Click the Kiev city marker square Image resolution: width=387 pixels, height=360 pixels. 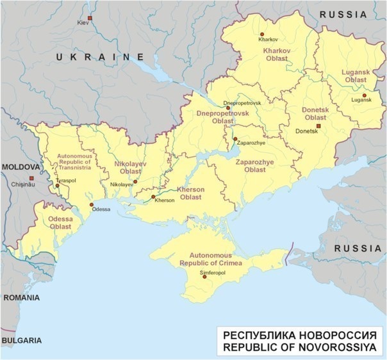(x=90, y=18)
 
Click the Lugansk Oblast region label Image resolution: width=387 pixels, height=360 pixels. (x=356, y=76)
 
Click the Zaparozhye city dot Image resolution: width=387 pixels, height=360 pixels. (x=235, y=138)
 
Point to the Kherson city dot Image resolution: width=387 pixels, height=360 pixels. (x=153, y=197)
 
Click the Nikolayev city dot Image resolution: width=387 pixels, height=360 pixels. (x=135, y=181)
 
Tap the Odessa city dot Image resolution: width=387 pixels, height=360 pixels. (x=92, y=204)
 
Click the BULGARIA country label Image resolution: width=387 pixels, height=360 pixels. (x=21, y=340)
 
